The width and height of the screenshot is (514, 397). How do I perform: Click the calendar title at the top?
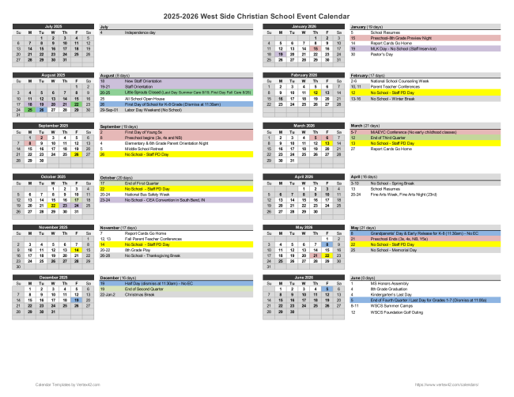(257, 14)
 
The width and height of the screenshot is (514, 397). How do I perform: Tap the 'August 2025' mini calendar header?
(53, 75)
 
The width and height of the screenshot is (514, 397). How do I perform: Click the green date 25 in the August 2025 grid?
(29, 109)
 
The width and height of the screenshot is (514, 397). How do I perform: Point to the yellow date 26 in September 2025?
(77, 154)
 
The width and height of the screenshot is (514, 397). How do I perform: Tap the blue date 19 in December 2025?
(77, 301)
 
